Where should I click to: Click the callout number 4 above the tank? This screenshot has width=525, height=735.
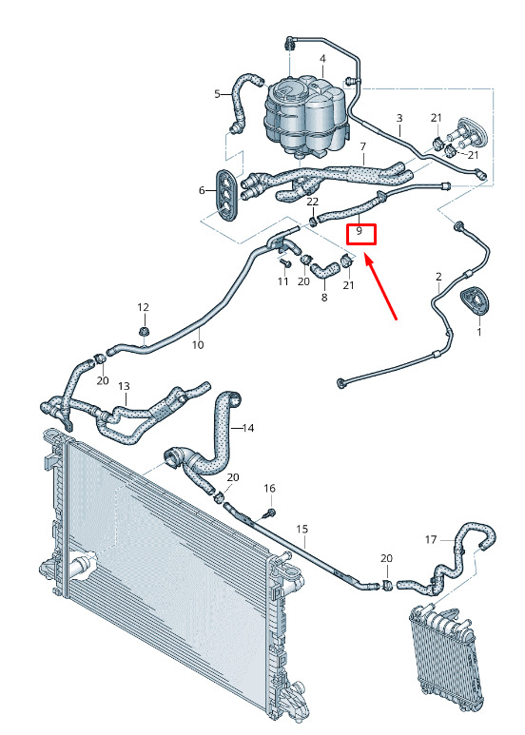click(323, 59)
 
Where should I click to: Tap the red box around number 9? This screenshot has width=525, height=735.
click(361, 234)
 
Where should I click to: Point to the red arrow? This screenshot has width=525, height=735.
click(380, 287)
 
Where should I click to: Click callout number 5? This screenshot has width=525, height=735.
click(217, 94)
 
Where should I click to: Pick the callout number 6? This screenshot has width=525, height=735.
click(202, 191)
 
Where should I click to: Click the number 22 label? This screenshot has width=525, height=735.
click(313, 202)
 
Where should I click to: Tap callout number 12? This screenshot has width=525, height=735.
click(143, 307)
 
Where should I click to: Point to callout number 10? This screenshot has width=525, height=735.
click(198, 345)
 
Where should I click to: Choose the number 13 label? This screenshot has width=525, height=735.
click(124, 387)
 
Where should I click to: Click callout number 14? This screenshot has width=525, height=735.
click(248, 428)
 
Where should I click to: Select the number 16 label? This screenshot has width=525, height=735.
click(269, 489)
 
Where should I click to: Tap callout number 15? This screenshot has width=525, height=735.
click(302, 530)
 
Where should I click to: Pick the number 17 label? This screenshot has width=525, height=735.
click(431, 540)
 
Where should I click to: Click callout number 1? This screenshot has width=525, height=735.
click(479, 333)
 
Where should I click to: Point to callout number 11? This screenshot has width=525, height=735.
click(282, 281)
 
